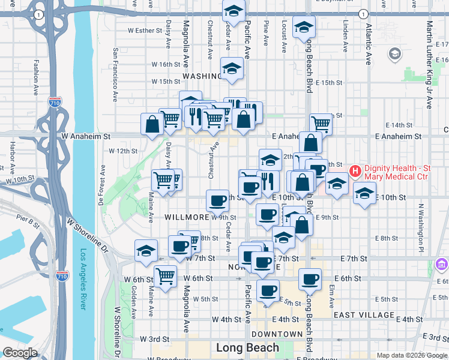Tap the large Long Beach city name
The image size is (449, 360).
pos(247,348)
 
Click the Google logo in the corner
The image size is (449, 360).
pos(20,353)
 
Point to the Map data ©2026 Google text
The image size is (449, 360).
pos(412,355)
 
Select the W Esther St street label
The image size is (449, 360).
pos(145,30)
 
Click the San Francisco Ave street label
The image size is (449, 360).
pos(114,74)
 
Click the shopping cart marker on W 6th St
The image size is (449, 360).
pos(165,276)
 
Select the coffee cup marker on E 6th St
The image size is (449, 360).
pos(310,278)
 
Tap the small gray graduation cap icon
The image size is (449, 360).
pos(395,55)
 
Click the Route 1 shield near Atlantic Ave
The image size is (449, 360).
pos(363,14)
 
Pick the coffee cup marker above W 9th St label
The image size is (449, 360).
pos(217,200)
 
